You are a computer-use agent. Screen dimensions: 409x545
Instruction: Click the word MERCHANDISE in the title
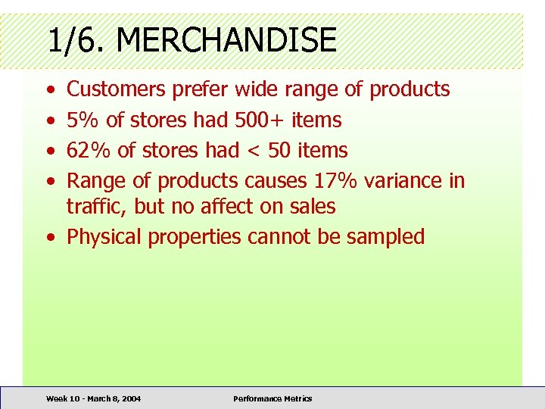coord(226,39)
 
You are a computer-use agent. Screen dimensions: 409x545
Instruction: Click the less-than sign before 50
coord(252,151)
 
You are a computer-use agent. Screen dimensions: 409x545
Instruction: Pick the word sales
coord(314,206)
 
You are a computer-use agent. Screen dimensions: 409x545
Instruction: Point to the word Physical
coord(104,236)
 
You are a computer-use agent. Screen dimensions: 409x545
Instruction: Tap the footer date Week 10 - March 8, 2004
coord(93,398)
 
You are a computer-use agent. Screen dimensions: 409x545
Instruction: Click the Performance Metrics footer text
coord(272,398)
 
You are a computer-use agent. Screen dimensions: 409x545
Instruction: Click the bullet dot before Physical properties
coord(49,237)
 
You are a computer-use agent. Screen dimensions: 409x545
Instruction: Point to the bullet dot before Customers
coord(49,90)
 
